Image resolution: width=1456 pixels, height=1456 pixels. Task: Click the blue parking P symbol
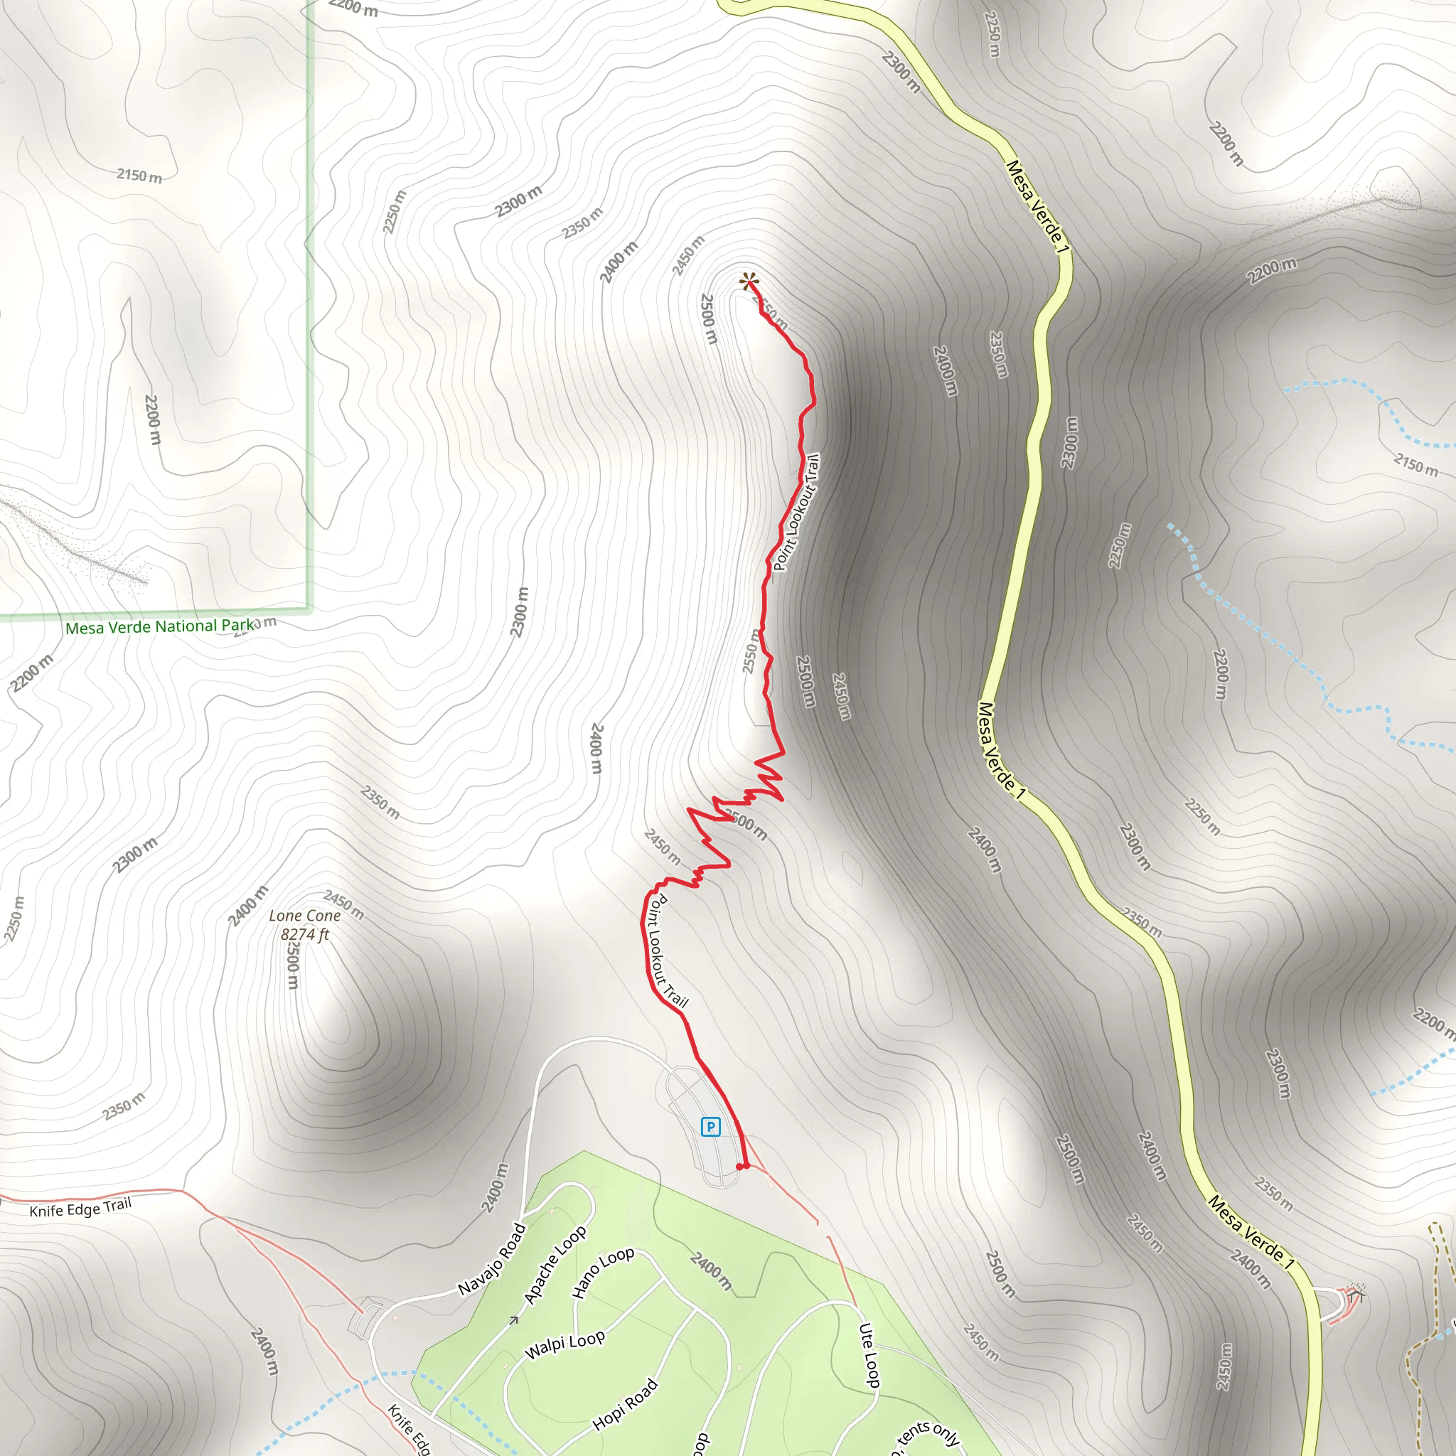(710, 1127)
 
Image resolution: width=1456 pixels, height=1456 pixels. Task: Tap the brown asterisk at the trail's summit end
(748, 284)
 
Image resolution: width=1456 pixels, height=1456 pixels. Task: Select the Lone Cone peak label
(304, 916)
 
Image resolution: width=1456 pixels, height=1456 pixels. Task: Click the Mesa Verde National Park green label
(160, 627)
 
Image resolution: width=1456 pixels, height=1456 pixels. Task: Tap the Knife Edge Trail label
(80, 1208)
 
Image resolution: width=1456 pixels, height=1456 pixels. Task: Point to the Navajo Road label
(492, 1259)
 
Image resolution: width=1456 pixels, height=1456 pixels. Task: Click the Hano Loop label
(603, 1272)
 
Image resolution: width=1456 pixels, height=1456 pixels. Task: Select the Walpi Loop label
(564, 1344)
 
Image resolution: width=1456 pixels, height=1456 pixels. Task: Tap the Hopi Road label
(626, 1404)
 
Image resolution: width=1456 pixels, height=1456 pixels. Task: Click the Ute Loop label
(869, 1354)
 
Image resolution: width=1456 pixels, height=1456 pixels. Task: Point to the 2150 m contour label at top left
(139, 176)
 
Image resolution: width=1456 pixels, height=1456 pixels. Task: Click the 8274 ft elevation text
(304, 934)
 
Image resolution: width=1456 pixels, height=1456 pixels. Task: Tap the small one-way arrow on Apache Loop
(514, 1319)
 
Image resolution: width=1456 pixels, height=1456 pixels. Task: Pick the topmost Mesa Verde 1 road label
(1037, 206)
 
